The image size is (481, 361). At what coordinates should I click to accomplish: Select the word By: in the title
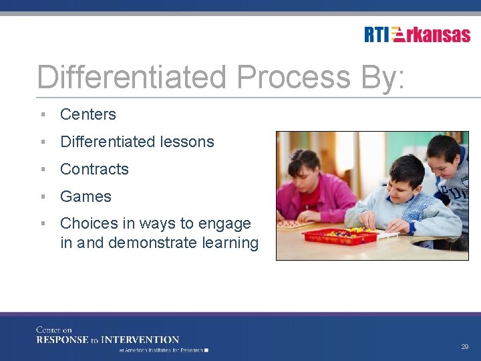click(381, 77)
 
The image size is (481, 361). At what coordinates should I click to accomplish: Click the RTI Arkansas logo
click(417, 34)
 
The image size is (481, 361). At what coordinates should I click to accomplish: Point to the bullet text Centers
click(88, 114)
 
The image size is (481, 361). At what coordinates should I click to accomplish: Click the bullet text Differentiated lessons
click(137, 142)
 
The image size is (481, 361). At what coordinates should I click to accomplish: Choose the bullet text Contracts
click(94, 169)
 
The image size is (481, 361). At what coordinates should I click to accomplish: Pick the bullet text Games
click(86, 197)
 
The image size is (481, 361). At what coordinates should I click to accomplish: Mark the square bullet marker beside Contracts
click(42, 169)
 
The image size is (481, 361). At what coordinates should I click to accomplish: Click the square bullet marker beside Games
click(42, 197)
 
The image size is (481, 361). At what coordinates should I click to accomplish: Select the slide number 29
click(464, 347)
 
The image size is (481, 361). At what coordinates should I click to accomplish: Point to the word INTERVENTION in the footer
click(140, 340)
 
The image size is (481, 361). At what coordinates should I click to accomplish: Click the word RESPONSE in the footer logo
click(63, 340)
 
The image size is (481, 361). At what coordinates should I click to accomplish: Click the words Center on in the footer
click(53, 330)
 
